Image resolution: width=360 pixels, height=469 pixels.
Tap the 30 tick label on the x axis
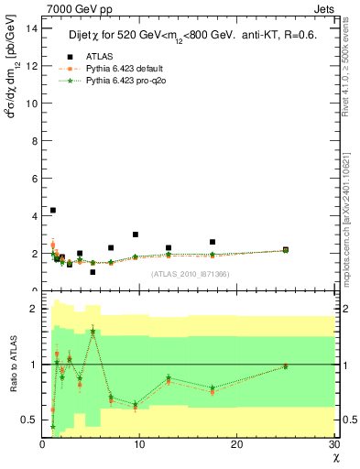click(334, 444)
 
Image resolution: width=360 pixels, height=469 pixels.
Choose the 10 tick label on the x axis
click(139, 444)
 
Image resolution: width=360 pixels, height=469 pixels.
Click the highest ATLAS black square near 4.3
click(53, 210)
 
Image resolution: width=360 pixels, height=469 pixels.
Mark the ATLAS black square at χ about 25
click(285, 249)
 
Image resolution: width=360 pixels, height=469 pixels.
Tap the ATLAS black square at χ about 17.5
click(213, 242)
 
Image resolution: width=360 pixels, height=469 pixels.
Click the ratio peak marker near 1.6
click(93, 332)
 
